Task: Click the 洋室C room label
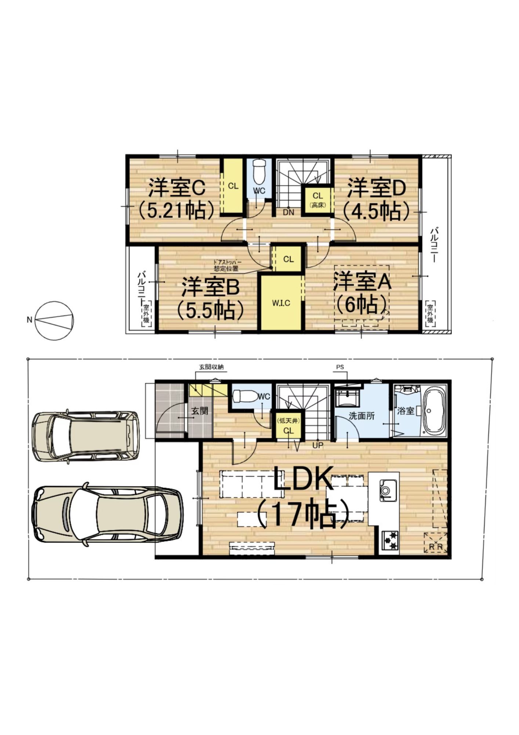pyautogui.click(x=177, y=189)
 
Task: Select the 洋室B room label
pyautogui.click(x=211, y=287)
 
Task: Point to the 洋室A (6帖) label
pyautogui.click(x=362, y=293)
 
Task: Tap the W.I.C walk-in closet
pyautogui.click(x=281, y=303)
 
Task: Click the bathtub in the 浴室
pyautogui.click(x=435, y=411)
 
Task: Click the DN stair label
pyautogui.click(x=288, y=212)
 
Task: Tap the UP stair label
pyautogui.click(x=317, y=445)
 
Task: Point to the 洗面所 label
pyautogui.click(x=362, y=416)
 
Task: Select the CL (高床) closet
pyautogui.click(x=318, y=200)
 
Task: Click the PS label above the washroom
pyautogui.click(x=340, y=367)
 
